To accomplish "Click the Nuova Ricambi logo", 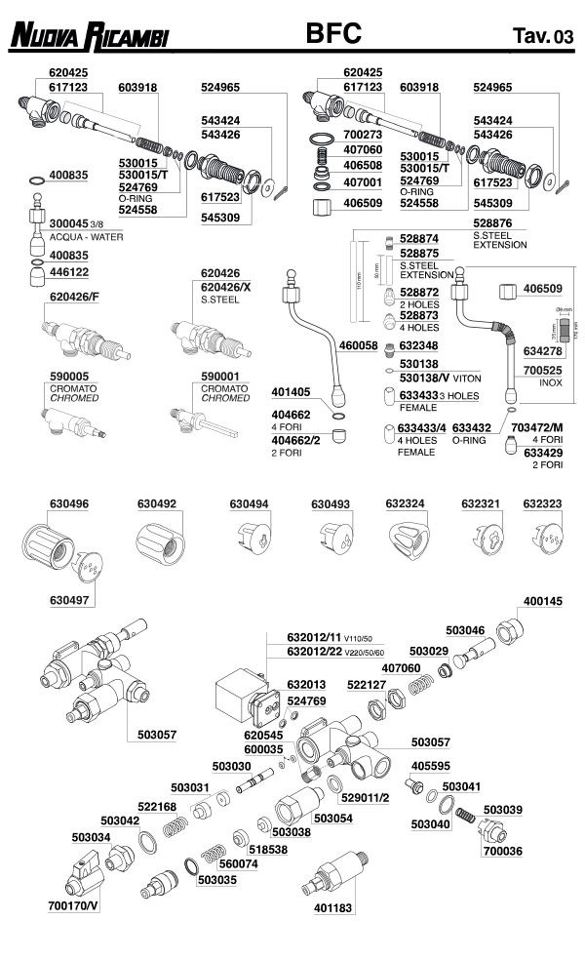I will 89,38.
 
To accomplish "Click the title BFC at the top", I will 333,35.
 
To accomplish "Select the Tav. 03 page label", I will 543,38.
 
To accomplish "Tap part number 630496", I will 69,504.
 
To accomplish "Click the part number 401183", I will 332,906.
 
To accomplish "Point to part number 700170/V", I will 73,906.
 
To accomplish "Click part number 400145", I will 543,602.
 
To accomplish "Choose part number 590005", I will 69,375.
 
